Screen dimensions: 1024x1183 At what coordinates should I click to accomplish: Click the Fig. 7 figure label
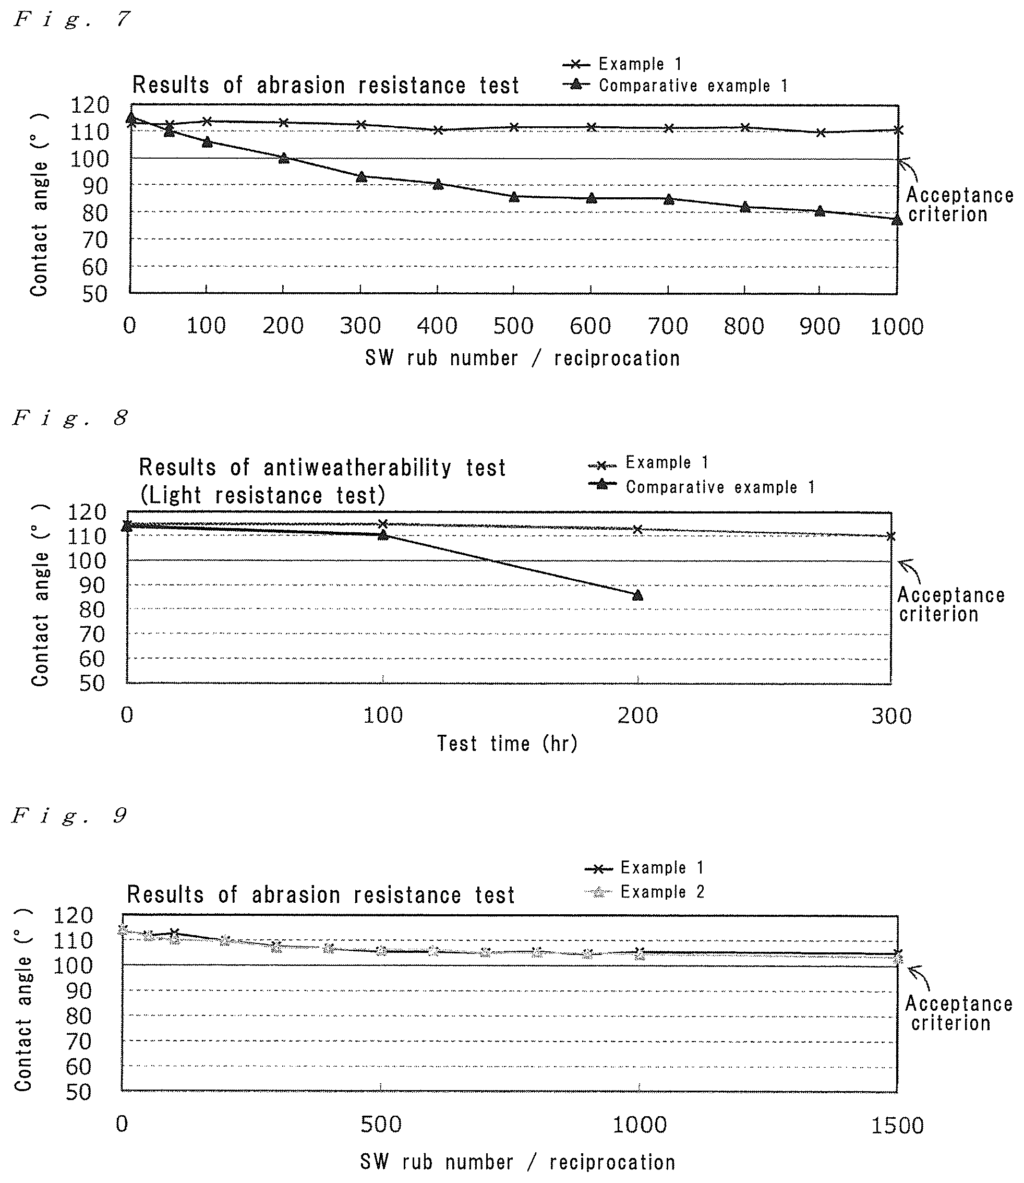pyautogui.click(x=72, y=19)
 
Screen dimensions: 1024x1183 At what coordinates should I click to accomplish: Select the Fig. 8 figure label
pyautogui.click(x=70, y=419)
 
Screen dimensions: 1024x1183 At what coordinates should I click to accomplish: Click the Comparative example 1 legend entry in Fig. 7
pyautogui.click(x=676, y=86)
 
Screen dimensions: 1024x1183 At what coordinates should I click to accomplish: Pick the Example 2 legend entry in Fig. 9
pyautogui.click(x=645, y=892)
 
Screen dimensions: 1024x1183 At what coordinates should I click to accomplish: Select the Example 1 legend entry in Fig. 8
pyautogui.click(x=648, y=462)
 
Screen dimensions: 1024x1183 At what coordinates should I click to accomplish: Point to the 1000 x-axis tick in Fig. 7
pyautogui.click(x=897, y=326)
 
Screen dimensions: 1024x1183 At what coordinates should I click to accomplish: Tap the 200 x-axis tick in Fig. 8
pyautogui.click(x=637, y=715)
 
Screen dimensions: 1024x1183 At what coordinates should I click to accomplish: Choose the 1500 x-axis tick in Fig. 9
pyautogui.click(x=897, y=1126)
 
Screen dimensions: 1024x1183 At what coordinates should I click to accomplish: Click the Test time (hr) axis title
pyautogui.click(x=508, y=744)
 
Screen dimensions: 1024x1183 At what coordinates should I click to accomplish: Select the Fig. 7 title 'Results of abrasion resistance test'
pyautogui.click(x=326, y=85)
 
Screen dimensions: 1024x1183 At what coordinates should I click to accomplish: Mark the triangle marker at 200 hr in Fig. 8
pyautogui.click(x=637, y=595)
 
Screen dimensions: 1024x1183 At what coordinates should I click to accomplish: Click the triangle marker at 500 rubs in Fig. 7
pyautogui.click(x=514, y=197)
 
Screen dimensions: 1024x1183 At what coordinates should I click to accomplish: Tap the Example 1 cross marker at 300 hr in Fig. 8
pyautogui.click(x=891, y=536)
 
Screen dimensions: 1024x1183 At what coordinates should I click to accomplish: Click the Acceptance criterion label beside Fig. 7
pyautogui.click(x=959, y=205)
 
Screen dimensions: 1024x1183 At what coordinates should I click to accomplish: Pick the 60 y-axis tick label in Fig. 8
pyautogui.click(x=92, y=659)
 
